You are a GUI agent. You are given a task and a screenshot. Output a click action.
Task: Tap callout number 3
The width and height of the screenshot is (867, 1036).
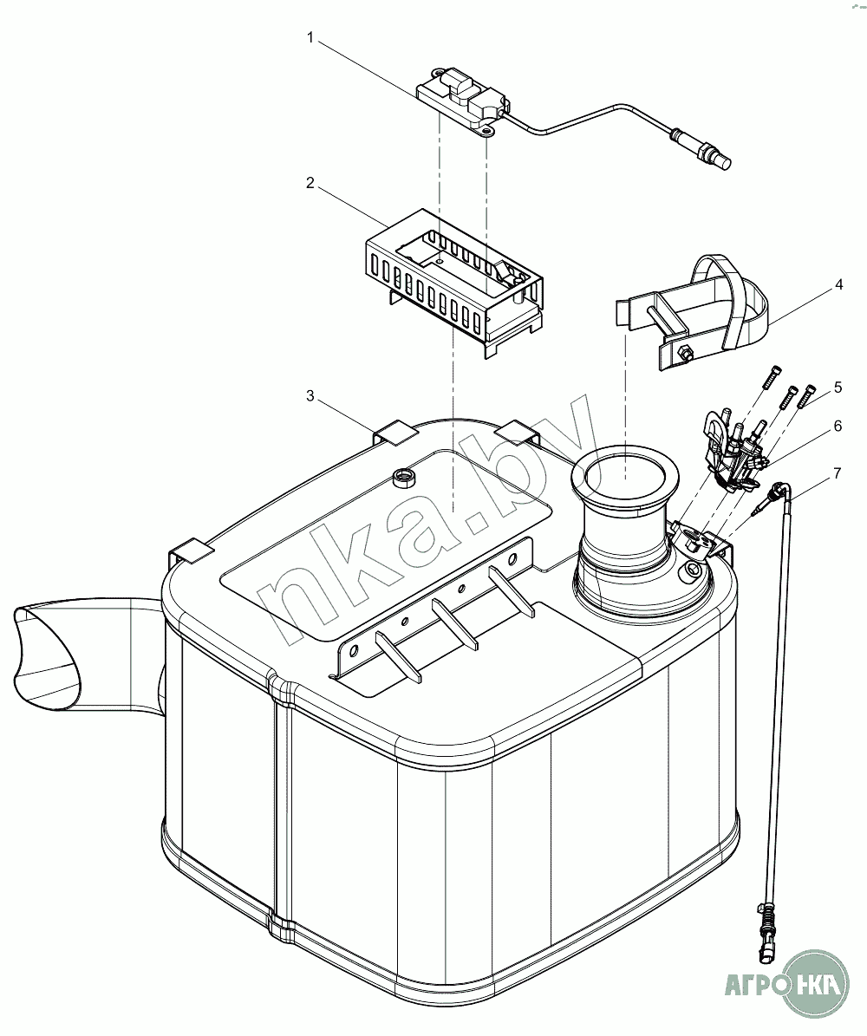coord(310,395)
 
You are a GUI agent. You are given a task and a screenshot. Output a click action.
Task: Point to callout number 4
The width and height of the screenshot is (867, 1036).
coord(839,283)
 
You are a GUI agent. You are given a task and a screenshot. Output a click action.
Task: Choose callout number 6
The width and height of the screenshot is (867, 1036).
coord(838,426)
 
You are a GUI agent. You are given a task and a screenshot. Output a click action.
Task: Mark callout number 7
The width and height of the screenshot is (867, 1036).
coord(838,472)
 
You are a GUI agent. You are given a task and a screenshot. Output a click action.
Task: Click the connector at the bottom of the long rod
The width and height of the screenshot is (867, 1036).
coord(766,941)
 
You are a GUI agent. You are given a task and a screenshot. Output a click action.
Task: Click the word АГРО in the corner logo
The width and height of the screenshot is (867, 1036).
coord(753,984)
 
